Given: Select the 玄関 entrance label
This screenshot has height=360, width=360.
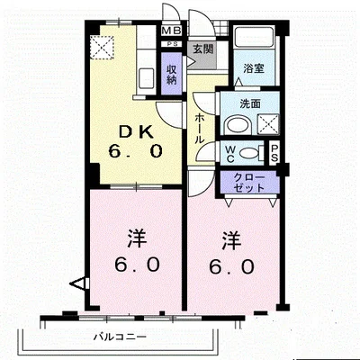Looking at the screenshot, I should point(202,49).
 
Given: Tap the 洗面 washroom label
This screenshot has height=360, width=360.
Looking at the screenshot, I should point(250,103).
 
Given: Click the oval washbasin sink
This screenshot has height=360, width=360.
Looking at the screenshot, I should point(238,125).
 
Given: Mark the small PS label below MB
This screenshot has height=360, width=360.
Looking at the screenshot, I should point(171,43).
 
